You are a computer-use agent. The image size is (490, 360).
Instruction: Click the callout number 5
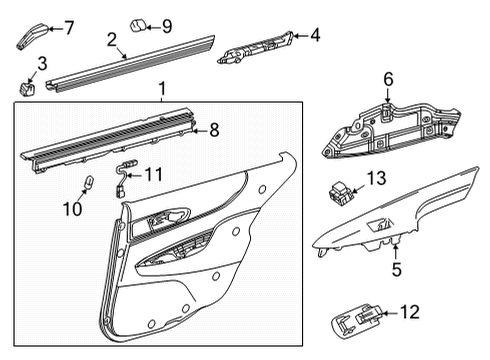coord(396,268)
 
